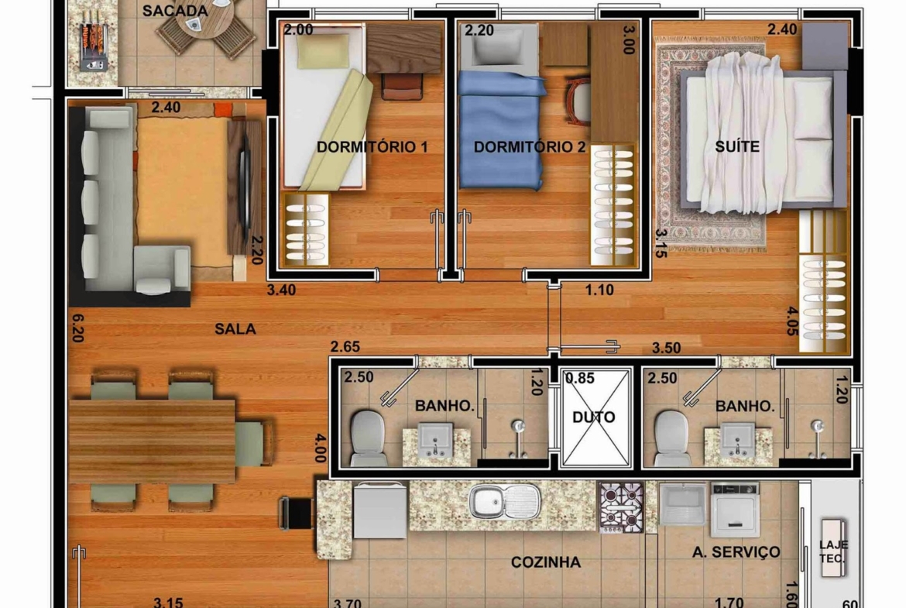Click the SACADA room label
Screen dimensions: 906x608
pos(175,11)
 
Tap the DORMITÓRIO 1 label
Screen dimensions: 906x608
pos(372,147)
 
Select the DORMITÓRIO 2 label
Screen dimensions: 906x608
pos(529,147)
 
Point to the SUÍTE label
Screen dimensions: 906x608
pos(737,146)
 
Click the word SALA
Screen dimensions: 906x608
pos(235,329)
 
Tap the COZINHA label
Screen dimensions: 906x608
pos(545,562)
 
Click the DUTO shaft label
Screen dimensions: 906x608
pos(593,417)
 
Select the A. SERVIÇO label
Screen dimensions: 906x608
pos(736,552)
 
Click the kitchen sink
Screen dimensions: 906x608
pos(504,500)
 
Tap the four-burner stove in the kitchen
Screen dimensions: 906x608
pos(621,507)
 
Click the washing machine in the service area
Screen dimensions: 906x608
pos(734,510)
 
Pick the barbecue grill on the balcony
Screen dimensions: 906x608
pos(93,40)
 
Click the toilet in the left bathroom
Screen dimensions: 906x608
pos(368,438)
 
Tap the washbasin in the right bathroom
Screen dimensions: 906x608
pos(738,440)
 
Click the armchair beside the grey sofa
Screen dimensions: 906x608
pos(163,270)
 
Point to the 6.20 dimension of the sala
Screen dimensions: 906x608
pos(77,328)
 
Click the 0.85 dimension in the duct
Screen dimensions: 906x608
pos(579,379)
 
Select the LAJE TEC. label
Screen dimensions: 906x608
pos(833,551)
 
